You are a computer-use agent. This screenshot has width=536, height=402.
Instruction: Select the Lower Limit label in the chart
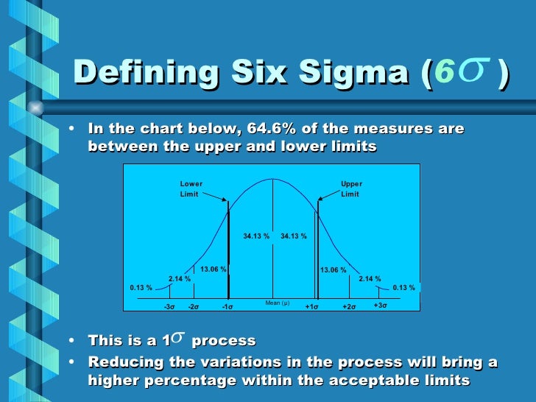[191, 188]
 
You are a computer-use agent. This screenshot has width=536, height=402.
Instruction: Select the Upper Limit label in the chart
[351, 188]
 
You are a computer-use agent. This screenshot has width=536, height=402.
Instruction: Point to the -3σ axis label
[169, 306]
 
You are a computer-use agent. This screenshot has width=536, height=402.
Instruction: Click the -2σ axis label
[194, 306]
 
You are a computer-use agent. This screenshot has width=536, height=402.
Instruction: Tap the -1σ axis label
[228, 306]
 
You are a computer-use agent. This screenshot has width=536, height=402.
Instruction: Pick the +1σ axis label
[311, 306]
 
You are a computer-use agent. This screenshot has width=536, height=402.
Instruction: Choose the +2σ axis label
[349, 306]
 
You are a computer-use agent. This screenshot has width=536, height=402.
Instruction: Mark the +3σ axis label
[380, 305]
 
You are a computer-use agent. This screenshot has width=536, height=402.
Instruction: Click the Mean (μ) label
[277, 303]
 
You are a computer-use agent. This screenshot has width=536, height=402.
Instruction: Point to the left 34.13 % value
[256, 236]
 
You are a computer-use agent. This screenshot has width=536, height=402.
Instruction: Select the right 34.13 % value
[294, 236]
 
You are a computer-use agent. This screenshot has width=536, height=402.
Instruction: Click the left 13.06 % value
[214, 269]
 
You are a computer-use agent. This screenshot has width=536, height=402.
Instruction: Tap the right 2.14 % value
[370, 279]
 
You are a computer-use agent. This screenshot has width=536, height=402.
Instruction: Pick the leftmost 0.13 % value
[141, 287]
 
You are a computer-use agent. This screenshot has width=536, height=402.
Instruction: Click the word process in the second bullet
[223, 342]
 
